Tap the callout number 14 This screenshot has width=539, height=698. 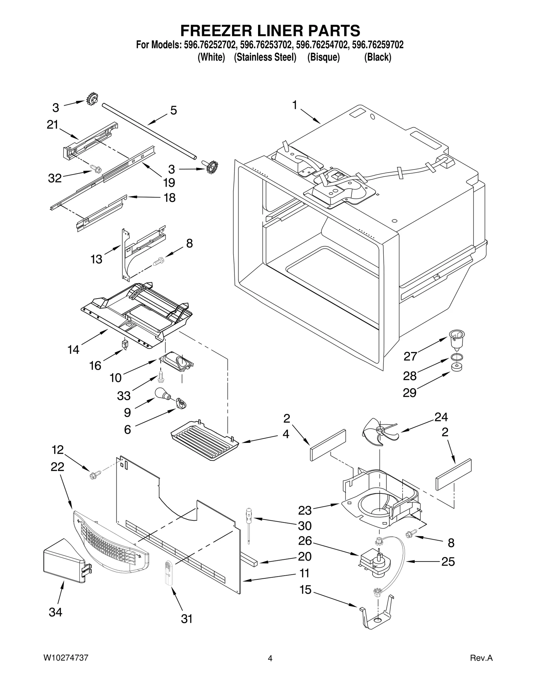pyautogui.click(x=73, y=350)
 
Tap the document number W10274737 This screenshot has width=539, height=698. pyautogui.click(x=66, y=667)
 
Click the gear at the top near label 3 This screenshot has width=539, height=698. pyautogui.click(x=92, y=99)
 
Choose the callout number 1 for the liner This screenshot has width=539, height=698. pyautogui.click(x=294, y=105)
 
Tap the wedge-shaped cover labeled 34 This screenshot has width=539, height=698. pyautogui.click(x=66, y=559)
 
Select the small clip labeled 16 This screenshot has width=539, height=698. pyautogui.click(x=125, y=344)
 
